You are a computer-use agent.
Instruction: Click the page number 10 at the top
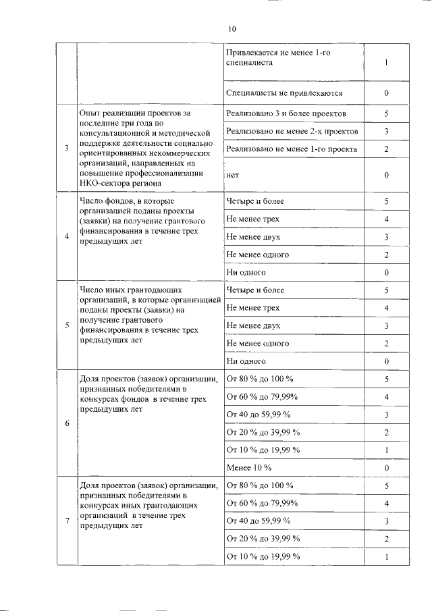(x=232, y=29)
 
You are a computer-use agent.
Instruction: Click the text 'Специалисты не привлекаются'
(x=284, y=93)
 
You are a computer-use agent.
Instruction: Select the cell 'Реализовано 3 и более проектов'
(x=286, y=114)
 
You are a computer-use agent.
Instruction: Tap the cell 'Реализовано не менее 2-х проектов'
(x=292, y=132)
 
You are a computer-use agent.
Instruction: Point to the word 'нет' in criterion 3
(x=234, y=175)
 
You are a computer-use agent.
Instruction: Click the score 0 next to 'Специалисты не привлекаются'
(x=386, y=93)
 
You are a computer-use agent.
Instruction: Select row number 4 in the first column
(x=66, y=236)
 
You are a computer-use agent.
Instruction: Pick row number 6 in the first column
(x=66, y=423)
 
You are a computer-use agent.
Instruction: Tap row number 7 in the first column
(x=66, y=521)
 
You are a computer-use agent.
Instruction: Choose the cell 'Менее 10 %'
(x=249, y=467)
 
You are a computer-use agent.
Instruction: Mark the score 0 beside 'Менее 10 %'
(x=386, y=467)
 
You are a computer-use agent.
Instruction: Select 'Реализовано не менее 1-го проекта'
(x=292, y=149)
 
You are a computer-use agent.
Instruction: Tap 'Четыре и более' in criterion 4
(x=256, y=201)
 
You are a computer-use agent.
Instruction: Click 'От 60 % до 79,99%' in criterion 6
(x=262, y=396)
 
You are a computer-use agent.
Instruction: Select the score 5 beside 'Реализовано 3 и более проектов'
(x=386, y=114)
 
